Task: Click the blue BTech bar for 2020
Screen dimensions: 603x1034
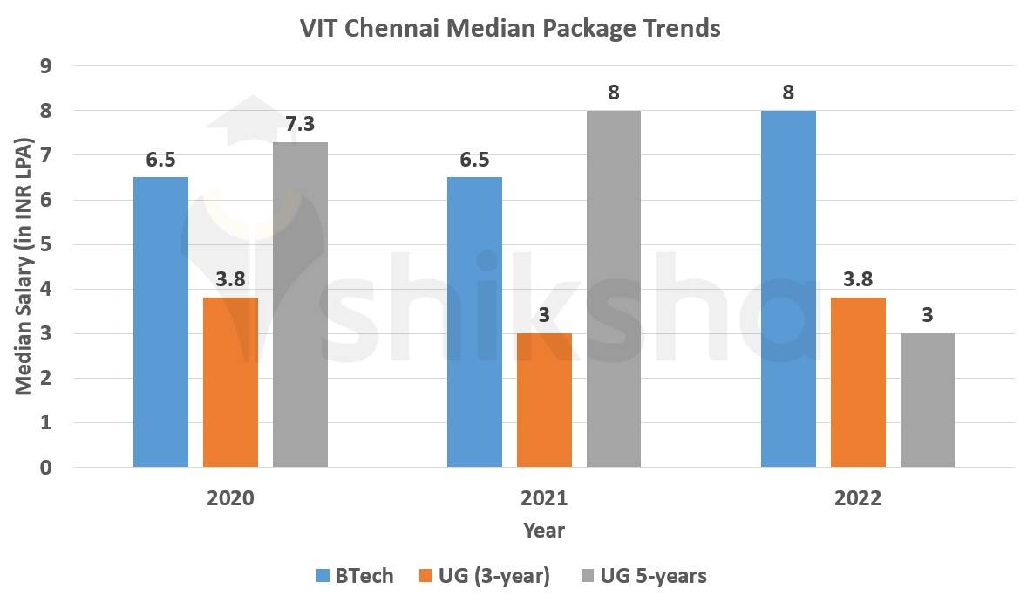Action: (160, 323)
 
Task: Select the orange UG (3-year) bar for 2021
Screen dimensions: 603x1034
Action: (544, 401)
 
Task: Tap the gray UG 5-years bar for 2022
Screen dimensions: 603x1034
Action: (928, 401)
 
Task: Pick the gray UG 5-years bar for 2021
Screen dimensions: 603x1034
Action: (614, 289)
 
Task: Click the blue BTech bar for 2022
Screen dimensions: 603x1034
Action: (788, 289)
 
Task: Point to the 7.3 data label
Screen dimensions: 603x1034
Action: (300, 124)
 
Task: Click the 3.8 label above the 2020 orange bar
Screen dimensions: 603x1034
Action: (230, 280)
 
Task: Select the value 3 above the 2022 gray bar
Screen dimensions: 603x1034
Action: (928, 315)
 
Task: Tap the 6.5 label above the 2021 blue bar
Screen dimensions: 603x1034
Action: (474, 160)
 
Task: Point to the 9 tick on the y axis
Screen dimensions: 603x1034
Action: (46, 67)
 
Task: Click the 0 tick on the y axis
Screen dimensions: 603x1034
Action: (46, 468)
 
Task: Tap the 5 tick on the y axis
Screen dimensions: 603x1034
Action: (46, 245)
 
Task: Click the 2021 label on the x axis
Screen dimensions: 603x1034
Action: (544, 499)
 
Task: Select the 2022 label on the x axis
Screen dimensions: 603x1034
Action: (858, 499)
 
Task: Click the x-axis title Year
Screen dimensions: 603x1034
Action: (544, 530)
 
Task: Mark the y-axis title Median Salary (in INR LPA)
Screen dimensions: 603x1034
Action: (24, 266)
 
